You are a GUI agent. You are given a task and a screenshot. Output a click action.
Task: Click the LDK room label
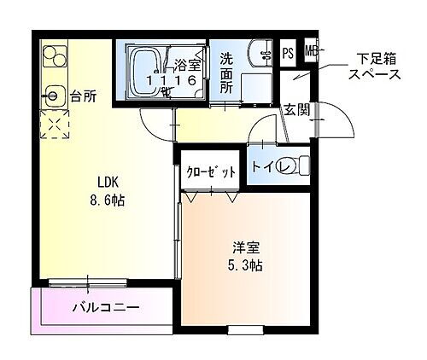click(x=107, y=182)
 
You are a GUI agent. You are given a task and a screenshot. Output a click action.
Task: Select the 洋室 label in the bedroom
click(x=247, y=248)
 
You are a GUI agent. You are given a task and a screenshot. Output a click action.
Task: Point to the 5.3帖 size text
click(x=247, y=266)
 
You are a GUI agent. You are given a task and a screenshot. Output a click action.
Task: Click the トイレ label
click(x=263, y=166)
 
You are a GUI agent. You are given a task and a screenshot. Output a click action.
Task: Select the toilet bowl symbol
click(x=292, y=165)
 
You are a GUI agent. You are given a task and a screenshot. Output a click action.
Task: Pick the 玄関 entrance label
click(x=296, y=109)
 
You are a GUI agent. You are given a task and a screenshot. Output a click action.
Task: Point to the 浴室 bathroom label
click(x=187, y=63)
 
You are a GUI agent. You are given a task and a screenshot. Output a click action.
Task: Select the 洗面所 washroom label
click(x=226, y=73)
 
